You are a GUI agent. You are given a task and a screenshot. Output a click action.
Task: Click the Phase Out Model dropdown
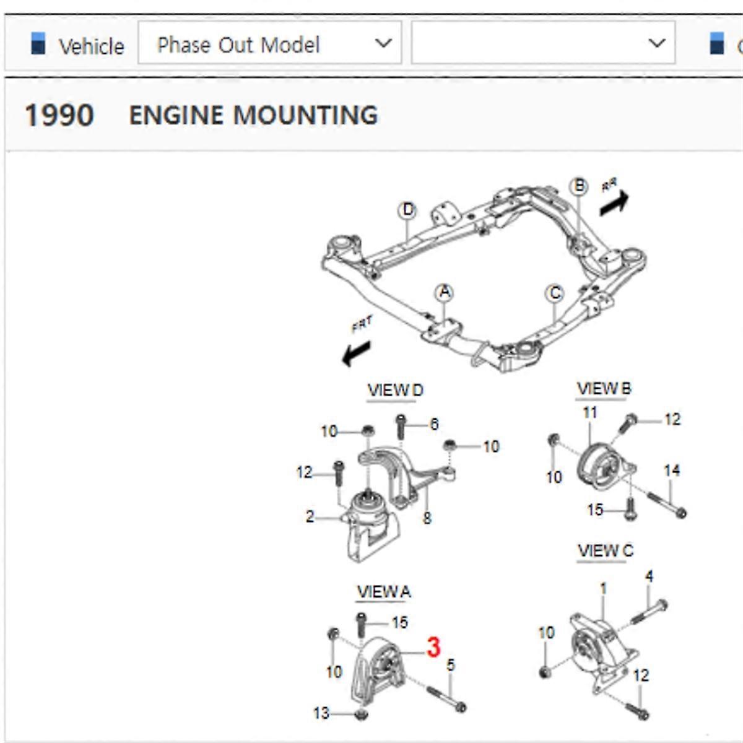pyautogui.click(x=270, y=43)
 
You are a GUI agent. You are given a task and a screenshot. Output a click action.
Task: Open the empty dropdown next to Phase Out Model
pyautogui.click(x=542, y=43)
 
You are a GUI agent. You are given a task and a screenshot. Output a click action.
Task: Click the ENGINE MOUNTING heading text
pyautogui.click(x=253, y=116)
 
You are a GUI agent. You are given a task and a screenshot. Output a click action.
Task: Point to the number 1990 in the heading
pyautogui.click(x=59, y=116)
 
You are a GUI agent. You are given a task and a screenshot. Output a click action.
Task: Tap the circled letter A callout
pyautogui.click(x=445, y=292)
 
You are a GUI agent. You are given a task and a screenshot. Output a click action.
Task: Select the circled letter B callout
pyautogui.click(x=579, y=186)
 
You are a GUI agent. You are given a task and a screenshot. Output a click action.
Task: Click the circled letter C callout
pyautogui.click(x=555, y=293)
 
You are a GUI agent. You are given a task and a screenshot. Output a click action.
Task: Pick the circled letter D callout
pyautogui.click(x=407, y=210)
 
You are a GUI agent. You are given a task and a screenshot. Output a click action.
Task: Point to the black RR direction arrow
pyautogui.click(x=614, y=202)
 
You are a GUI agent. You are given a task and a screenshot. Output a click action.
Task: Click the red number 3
pyautogui.click(x=433, y=647)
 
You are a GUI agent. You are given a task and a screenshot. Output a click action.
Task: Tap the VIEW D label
pyautogui.click(x=395, y=391)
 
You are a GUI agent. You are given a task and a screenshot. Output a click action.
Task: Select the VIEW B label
pyautogui.click(x=604, y=389)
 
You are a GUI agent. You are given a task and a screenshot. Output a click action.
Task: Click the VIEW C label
pyautogui.click(x=605, y=550)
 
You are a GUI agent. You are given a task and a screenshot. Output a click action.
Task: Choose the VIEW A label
pyautogui.click(x=384, y=592)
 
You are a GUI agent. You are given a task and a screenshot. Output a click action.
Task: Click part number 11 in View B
pyautogui.click(x=589, y=412)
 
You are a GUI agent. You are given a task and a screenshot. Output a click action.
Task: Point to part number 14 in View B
pyautogui.click(x=672, y=471)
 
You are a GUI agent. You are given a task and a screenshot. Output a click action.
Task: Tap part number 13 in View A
pyautogui.click(x=321, y=713)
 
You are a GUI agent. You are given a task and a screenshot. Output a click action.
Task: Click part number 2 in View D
pyautogui.click(x=310, y=516)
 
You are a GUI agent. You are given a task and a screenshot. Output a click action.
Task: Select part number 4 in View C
pyautogui.click(x=649, y=576)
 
